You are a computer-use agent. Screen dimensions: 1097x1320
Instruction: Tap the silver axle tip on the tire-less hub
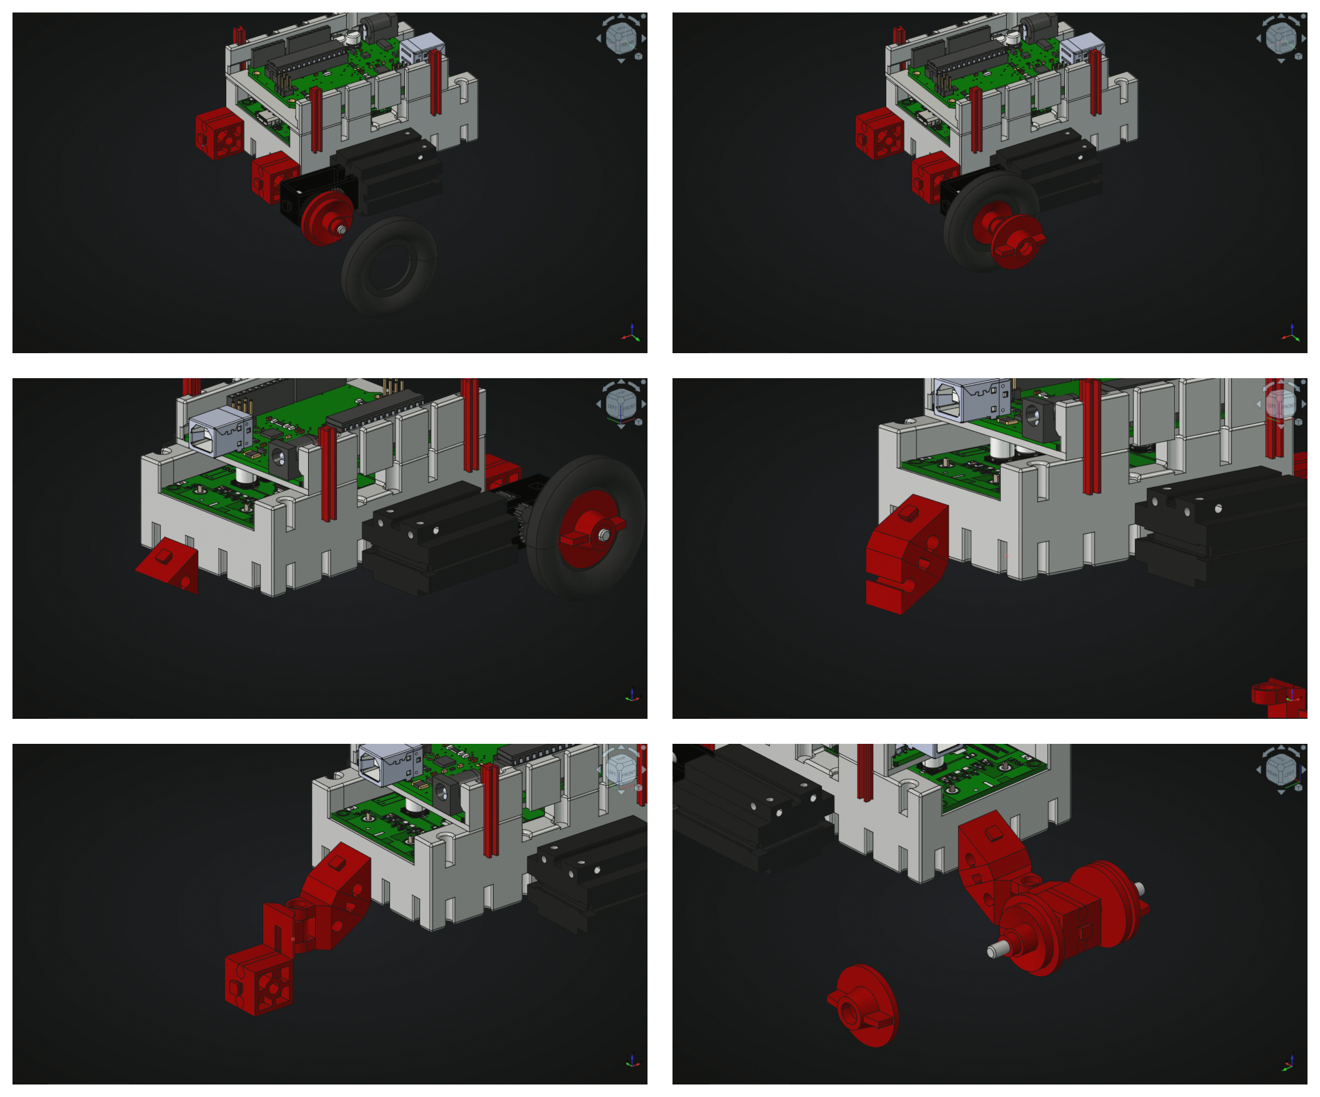[x=342, y=230]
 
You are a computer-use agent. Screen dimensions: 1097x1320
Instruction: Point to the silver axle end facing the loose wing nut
[x=993, y=951]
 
